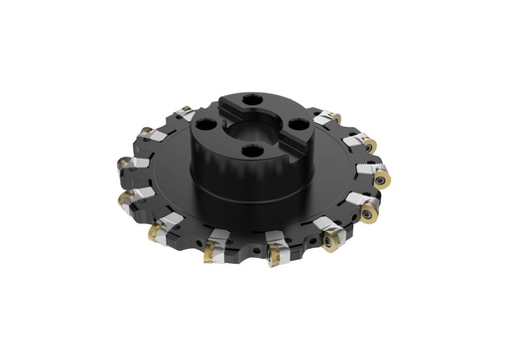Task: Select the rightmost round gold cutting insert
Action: click(x=381, y=179)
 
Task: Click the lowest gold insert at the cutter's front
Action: click(x=210, y=256)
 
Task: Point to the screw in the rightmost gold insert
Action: click(x=383, y=179)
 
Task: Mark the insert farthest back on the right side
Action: click(x=335, y=119)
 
